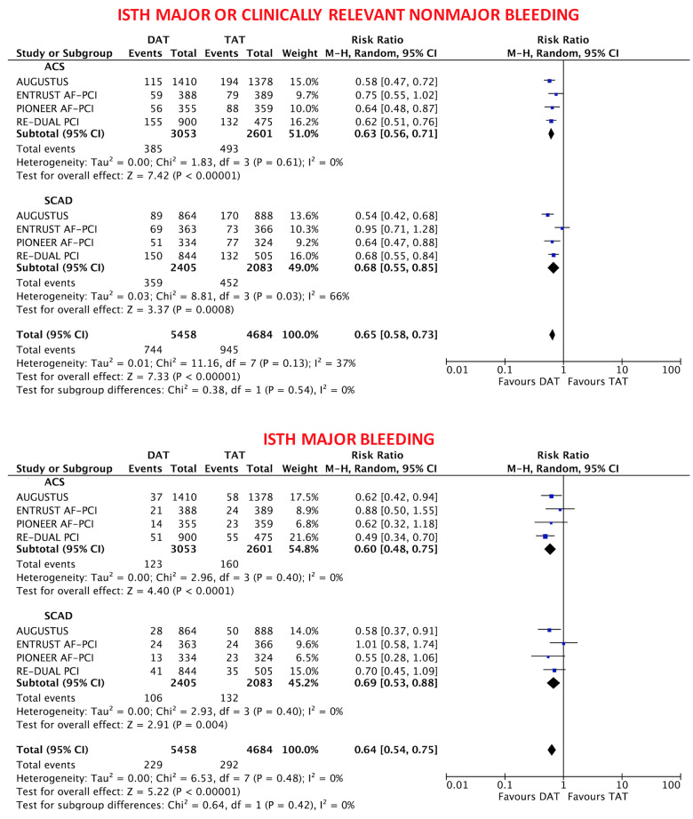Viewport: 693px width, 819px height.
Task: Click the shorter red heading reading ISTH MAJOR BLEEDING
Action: pyautogui.click(x=347, y=438)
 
